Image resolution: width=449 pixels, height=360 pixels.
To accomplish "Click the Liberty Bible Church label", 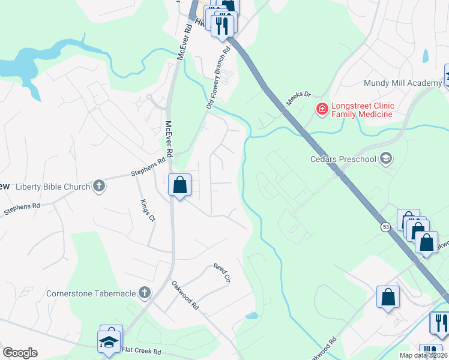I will [x=53, y=187].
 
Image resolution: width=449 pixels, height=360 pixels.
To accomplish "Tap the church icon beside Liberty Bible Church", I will [x=100, y=187].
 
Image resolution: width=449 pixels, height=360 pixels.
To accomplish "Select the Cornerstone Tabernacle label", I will [x=92, y=293].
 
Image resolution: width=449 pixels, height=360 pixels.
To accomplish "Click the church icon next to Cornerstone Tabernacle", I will [x=144, y=293].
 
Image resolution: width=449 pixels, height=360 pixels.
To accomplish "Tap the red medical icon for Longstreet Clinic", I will [x=322, y=109].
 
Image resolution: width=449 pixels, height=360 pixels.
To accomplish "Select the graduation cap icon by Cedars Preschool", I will [x=386, y=159].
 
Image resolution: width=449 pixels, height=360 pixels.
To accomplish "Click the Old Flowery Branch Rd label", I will [x=218, y=79].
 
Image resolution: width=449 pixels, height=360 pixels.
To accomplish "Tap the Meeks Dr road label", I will [x=298, y=98].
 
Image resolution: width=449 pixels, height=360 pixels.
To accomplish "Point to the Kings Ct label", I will [x=147, y=211].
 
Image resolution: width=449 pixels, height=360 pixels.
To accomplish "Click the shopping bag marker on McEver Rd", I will [x=179, y=185].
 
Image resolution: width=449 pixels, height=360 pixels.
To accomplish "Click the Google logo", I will [x=20, y=353].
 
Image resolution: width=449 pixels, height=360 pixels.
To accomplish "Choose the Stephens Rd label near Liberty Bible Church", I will [x=148, y=168].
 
